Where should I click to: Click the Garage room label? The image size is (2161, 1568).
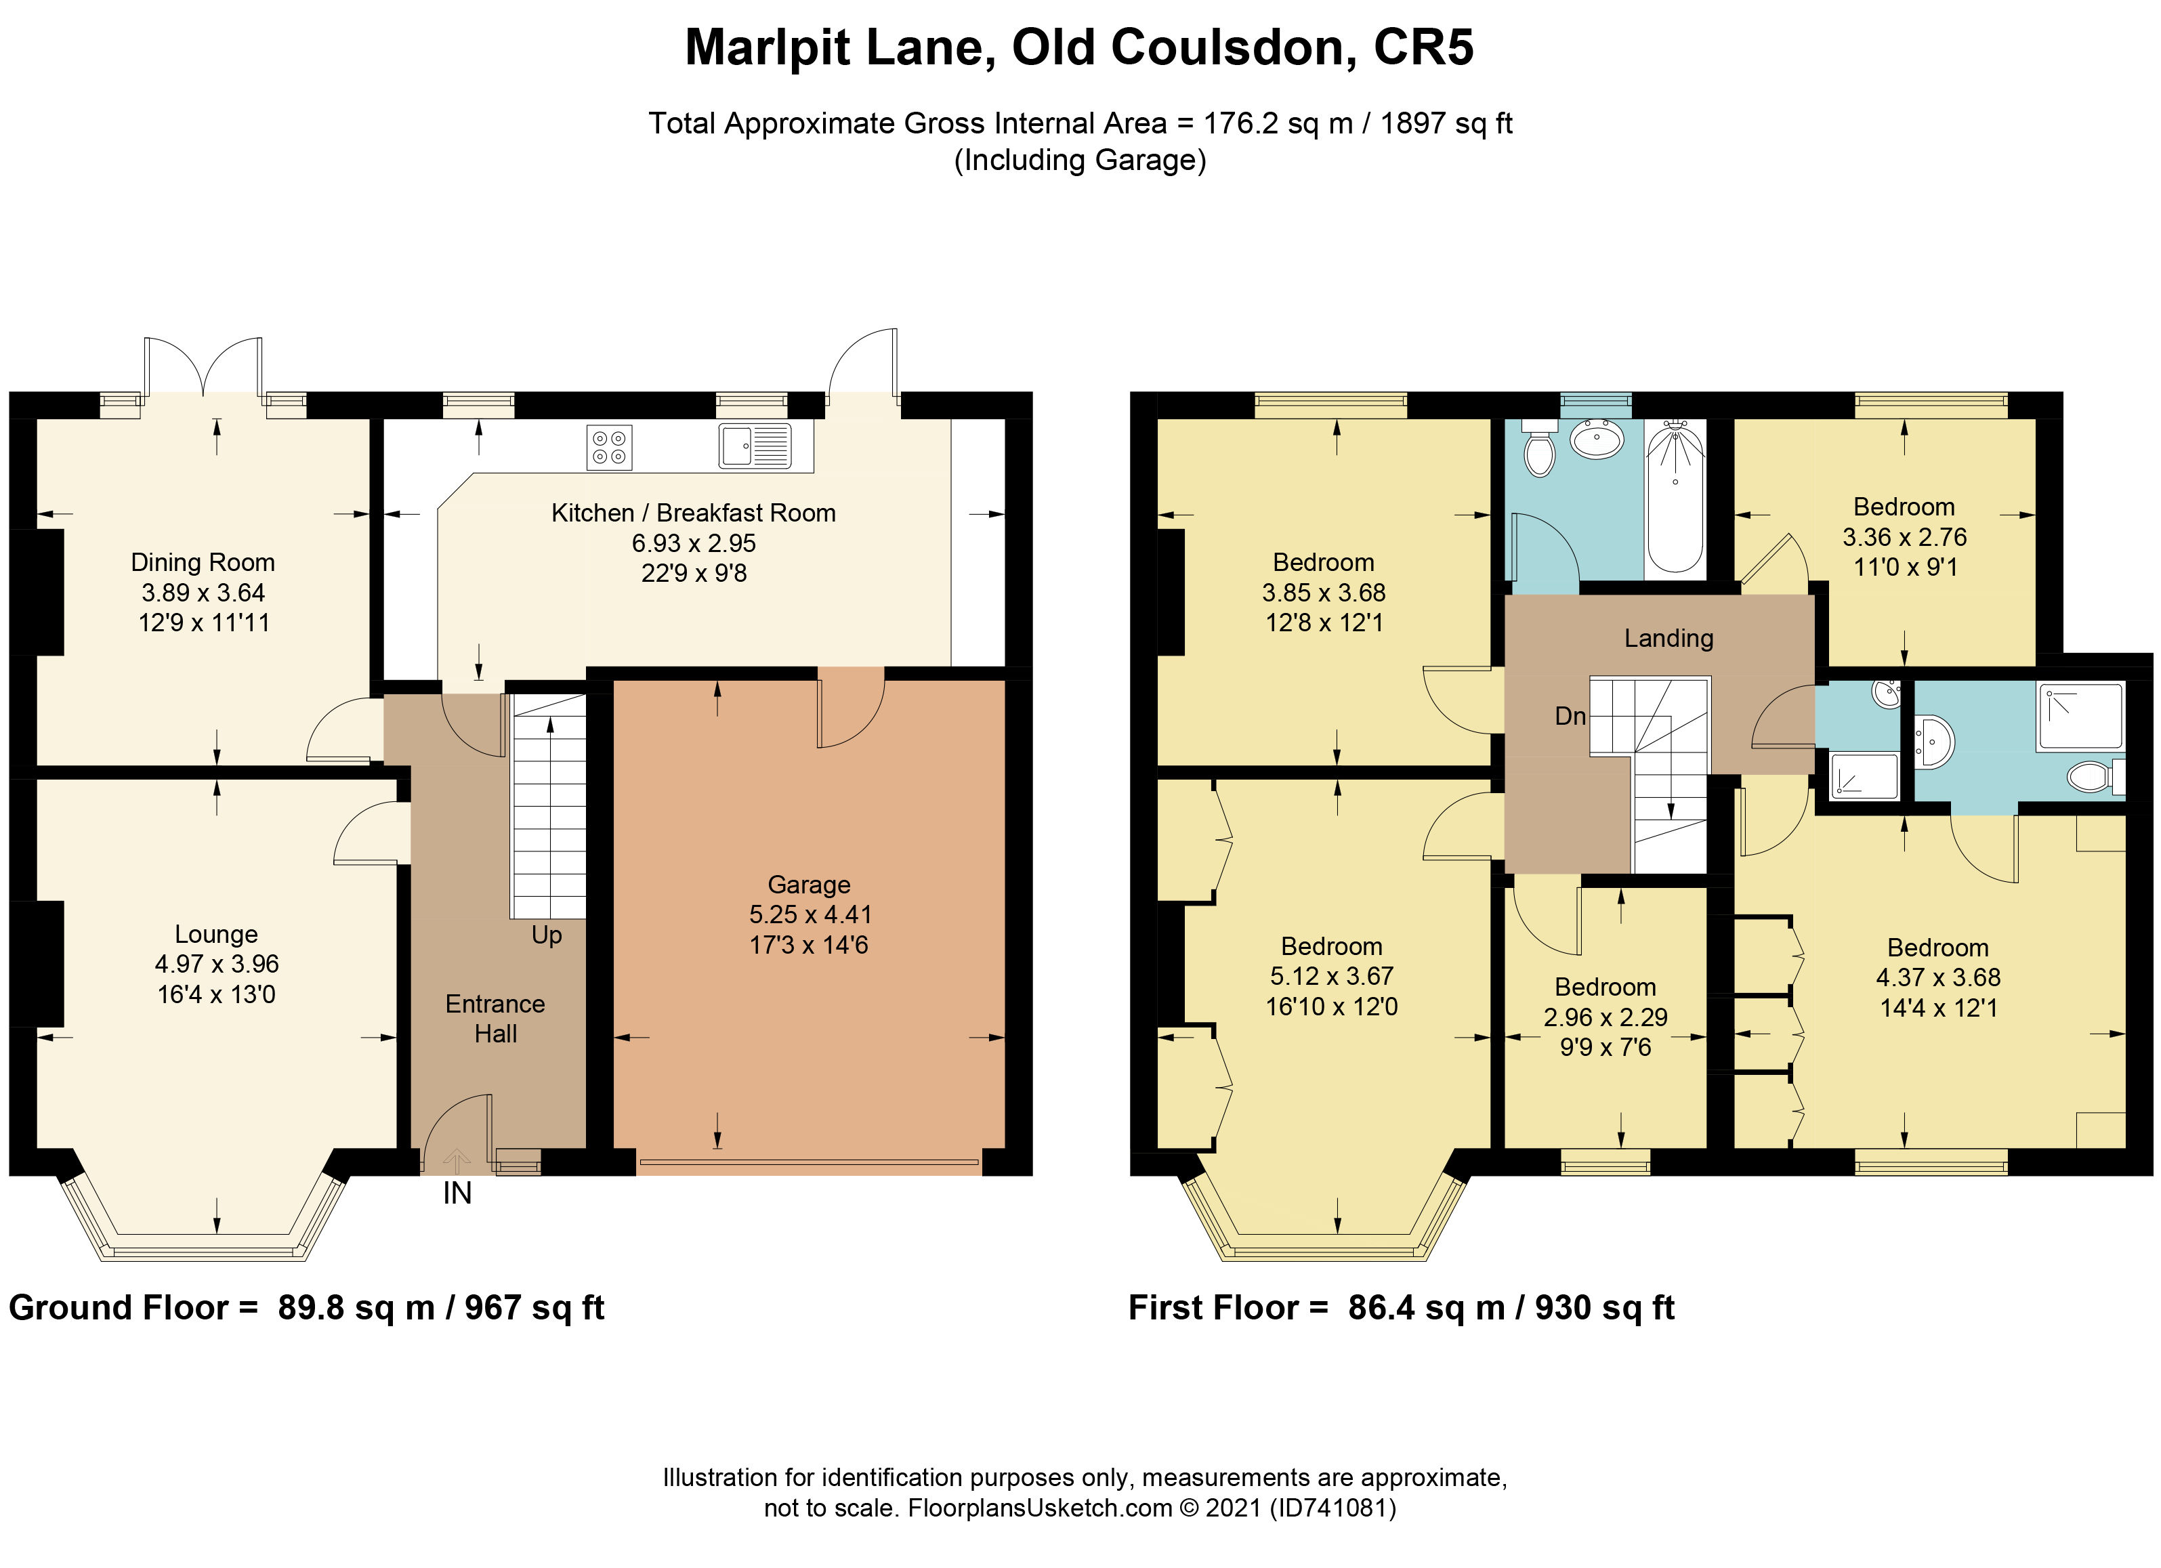coord(809,885)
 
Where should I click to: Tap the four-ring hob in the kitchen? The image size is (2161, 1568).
coord(609,448)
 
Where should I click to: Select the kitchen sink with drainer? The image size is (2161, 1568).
coord(755,446)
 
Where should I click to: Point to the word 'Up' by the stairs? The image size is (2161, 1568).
coord(547,935)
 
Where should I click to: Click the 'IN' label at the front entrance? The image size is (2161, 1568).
coord(457,1193)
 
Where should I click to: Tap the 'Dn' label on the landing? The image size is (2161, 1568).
coord(1570,717)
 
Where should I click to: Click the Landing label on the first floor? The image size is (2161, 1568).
coord(1669,638)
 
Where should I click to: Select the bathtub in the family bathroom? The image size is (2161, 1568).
coord(1675,497)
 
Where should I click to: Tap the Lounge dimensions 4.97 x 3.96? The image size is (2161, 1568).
coord(217,964)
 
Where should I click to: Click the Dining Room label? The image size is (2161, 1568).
coord(203,563)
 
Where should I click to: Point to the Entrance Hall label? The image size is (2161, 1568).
coord(495,1018)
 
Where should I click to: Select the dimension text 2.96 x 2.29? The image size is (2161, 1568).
coord(1606,1017)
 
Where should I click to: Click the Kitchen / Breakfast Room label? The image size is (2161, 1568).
coord(694,513)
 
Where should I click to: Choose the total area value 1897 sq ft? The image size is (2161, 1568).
coord(1446,124)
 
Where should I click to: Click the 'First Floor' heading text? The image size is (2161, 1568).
coord(1214,1308)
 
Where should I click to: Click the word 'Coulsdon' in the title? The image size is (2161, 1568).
coord(1184,47)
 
